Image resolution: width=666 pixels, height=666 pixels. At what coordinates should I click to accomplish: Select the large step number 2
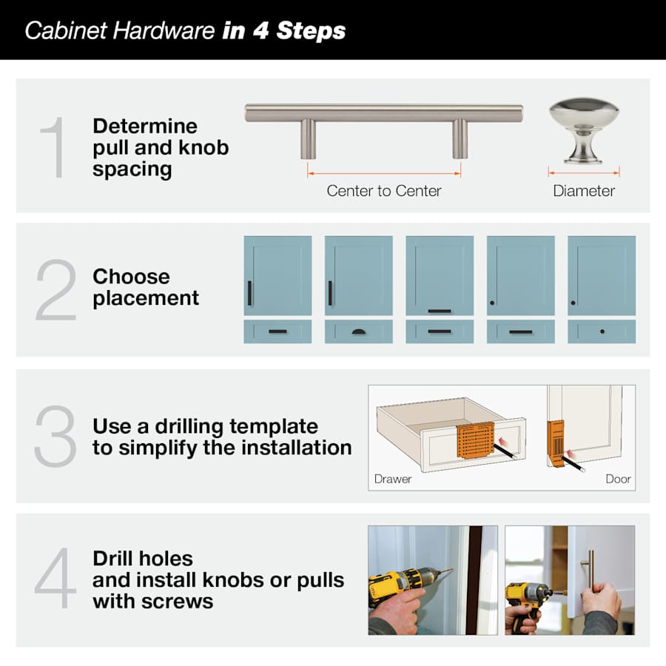pyautogui.click(x=55, y=289)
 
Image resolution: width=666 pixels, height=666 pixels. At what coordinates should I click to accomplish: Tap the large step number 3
pyautogui.click(x=55, y=436)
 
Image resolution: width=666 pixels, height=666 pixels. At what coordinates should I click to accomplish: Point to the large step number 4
pyautogui.click(x=55, y=579)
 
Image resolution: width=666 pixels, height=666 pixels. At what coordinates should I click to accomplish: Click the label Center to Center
pyautogui.click(x=383, y=191)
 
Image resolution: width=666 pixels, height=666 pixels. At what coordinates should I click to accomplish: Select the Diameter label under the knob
pyautogui.click(x=584, y=191)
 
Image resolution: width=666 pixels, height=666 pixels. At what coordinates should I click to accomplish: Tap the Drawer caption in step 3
pyautogui.click(x=393, y=479)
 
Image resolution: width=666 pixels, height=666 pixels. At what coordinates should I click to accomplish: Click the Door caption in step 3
pyautogui.click(x=618, y=479)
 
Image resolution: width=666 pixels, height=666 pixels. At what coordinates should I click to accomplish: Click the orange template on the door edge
pyautogui.click(x=555, y=443)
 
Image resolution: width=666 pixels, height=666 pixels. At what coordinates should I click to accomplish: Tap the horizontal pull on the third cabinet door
pyautogui.click(x=440, y=311)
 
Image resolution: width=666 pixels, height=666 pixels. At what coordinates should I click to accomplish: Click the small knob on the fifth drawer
pyautogui.click(x=602, y=332)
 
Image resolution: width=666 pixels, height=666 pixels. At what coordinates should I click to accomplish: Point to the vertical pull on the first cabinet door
pyautogui.click(x=250, y=293)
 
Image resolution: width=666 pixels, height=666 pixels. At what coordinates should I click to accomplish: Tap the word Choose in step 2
pyautogui.click(x=131, y=277)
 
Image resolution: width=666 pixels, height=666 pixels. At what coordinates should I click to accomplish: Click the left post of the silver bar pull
pyautogui.click(x=308, y=138)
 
